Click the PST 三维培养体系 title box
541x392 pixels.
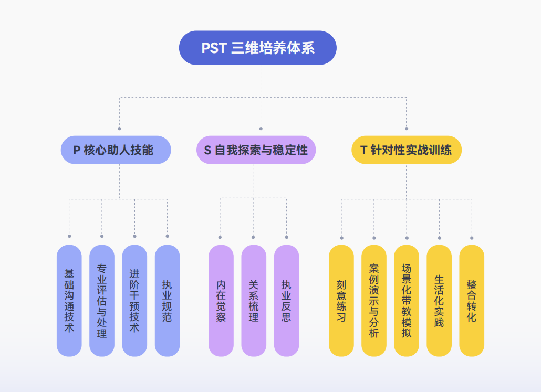coord(257,48)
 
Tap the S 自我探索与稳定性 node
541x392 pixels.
coord(256,150)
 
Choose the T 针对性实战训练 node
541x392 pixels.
coord(406,150)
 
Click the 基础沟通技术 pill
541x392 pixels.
coord(69,301)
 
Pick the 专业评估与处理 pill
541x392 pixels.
coord(102,301)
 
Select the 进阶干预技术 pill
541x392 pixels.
coord(134,301)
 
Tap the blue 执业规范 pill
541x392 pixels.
coord(167,301)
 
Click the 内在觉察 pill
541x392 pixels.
coord(221,301)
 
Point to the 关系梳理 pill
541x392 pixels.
coord(254,301)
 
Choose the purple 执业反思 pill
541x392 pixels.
coord(286,301)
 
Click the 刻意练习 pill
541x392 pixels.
coord(341,301)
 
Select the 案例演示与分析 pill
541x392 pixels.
coord(374,301)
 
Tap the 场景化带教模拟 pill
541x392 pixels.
coord(407,301)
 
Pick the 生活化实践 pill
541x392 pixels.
coord(439,301)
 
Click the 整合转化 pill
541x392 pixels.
coord(472,301)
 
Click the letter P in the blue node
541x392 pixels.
coord(76,150)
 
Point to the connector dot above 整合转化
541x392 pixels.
coord(472,238)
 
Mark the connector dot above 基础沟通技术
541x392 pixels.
coord(69,236)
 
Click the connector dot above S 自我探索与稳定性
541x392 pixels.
coord(261,129)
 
